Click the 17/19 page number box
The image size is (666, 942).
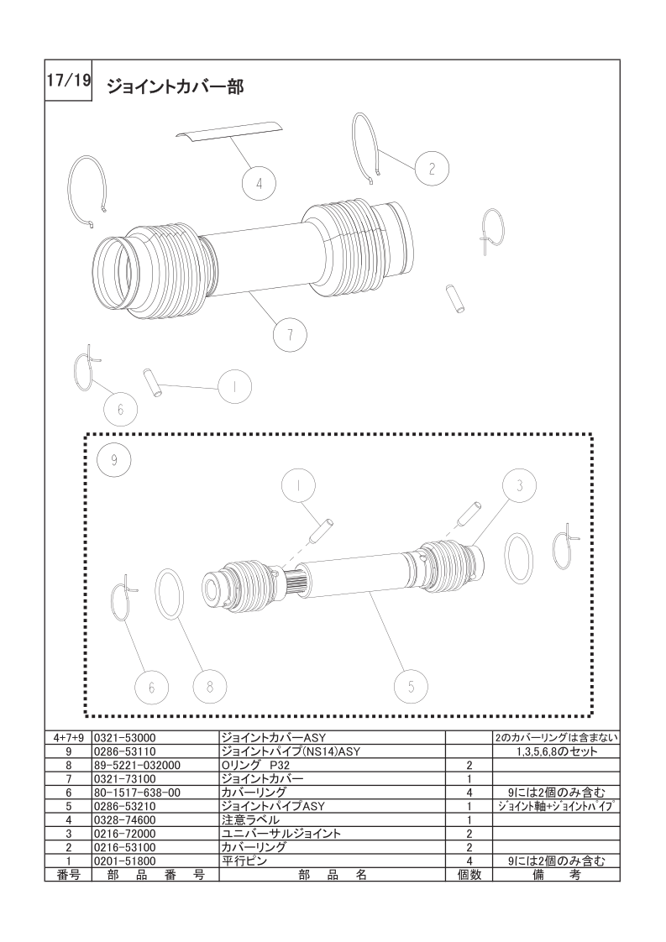[68, 81]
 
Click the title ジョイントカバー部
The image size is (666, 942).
[176, 87]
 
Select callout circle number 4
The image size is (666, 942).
[259, 183]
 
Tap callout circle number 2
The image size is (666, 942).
[432, 169]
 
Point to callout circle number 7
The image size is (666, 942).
[291, 334]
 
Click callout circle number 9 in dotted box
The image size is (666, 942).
[113, 459]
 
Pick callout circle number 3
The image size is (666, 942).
[520, 485]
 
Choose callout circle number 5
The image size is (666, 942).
[412, 686]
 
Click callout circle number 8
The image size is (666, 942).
[210, 686]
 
